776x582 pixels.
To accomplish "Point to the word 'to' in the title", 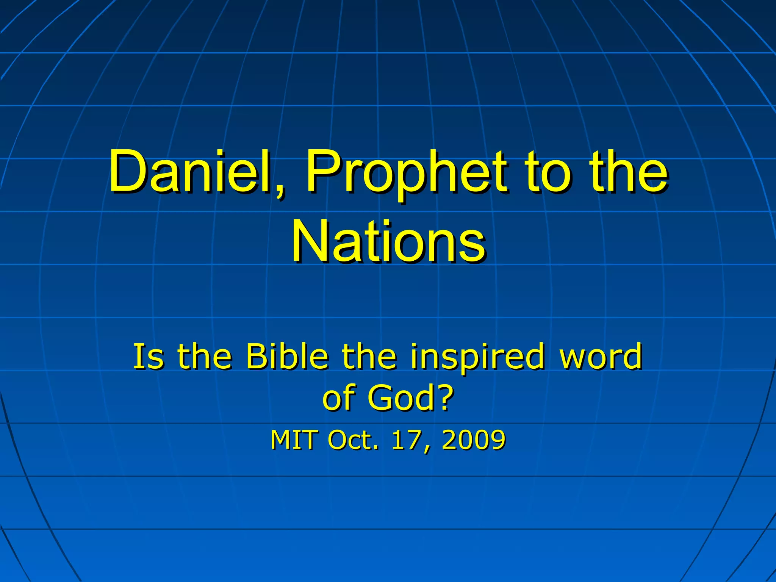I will [547, 172].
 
